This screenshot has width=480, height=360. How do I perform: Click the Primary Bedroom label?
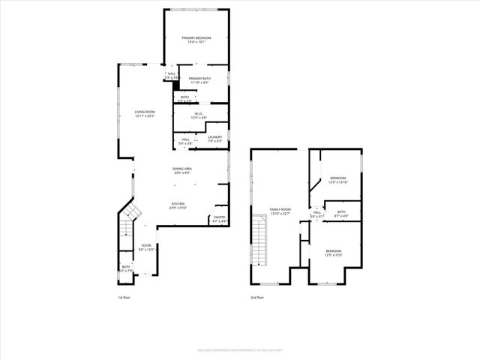click(197, 37)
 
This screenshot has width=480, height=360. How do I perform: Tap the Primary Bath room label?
click(200, 78)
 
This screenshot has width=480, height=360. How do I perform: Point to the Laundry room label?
click(215, 136)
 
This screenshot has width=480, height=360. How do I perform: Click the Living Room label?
click(144, 112)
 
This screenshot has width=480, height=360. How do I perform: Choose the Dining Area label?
click(183, 169)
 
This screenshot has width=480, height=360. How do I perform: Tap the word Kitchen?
click(178, 203)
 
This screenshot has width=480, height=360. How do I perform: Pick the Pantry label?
click(219, 217)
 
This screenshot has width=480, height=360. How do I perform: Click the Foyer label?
click(147, 245)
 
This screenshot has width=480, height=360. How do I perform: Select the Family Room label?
click(280, 209)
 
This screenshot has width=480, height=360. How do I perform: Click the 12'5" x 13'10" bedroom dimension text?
click(338, 182)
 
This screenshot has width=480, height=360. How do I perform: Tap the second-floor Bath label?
click(341, 211)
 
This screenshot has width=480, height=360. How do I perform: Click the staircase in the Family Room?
click(261, 238)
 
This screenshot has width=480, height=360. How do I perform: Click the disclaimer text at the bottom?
click(240, 349)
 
